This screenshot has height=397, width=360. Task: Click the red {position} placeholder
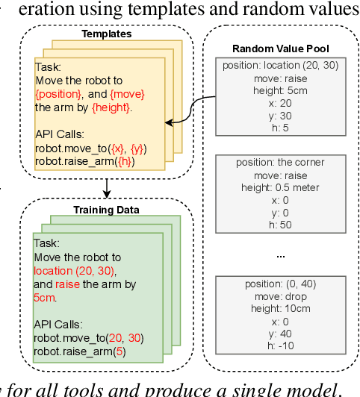pos(58,94)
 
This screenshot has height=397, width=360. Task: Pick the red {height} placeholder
pos(107,107)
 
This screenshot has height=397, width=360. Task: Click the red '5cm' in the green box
pos(45,296)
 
